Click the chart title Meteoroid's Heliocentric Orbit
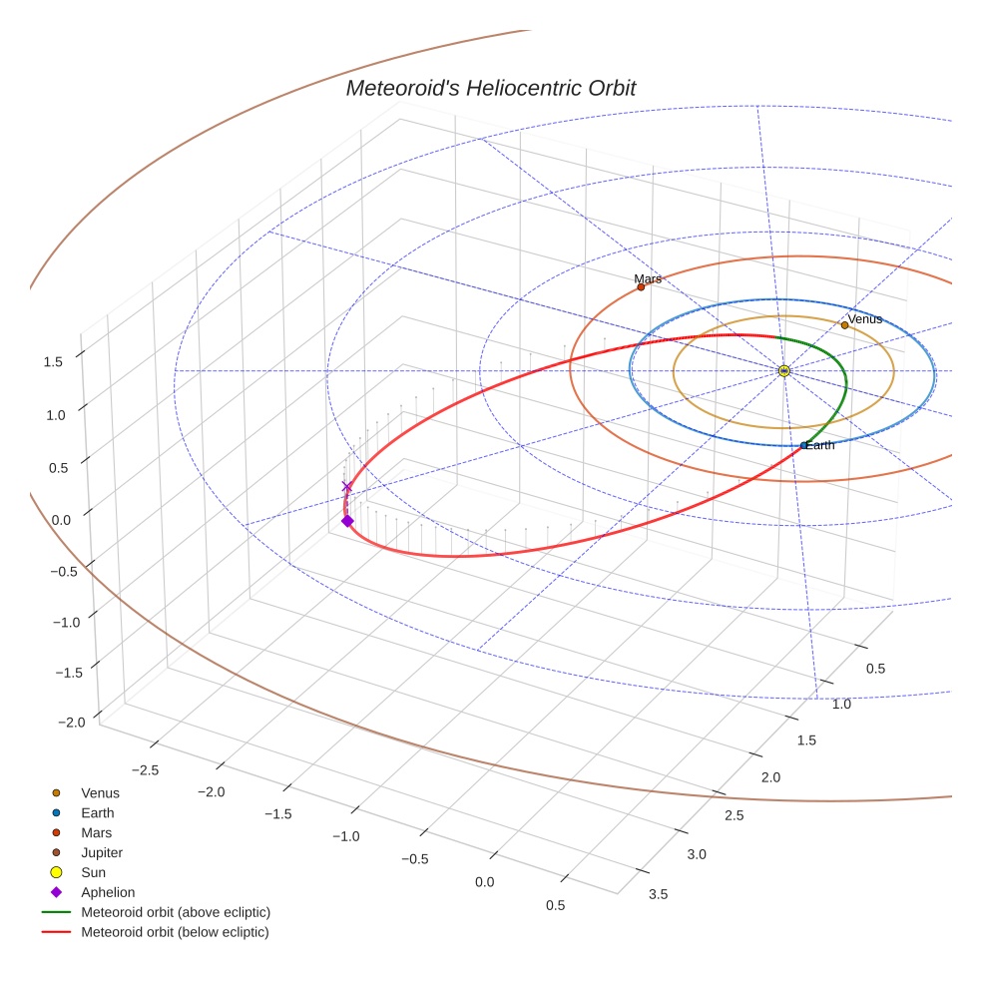(x=490, y=89)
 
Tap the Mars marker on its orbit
(x=641, y=287)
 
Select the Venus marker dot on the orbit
(x=844, y=325)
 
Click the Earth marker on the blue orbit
(x=804, y=445)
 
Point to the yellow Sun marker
(x=783, y=371)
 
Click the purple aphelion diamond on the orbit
(x=347, y=521)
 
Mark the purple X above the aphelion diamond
(x=347, y=487)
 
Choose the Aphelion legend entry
(x=107, y=892)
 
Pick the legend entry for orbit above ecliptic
(x=175, y=912)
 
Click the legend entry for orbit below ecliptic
(x=175, y=932)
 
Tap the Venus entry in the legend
(x=100, y=793)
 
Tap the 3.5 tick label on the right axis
(x=659, y=893)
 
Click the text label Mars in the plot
(x=648, y=279)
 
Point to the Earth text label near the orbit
(x=820, y=445)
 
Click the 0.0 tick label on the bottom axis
(x=484, y=881)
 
